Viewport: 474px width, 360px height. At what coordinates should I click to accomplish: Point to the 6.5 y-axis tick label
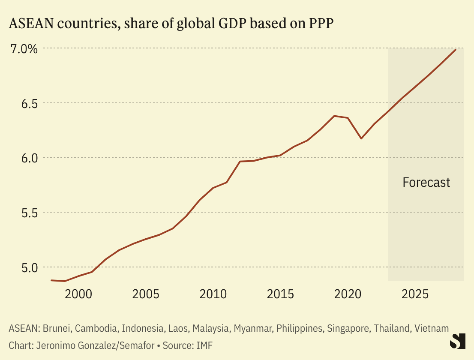(x=24, y=103)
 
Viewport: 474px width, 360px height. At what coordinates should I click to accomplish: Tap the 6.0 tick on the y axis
(x=24, y=158)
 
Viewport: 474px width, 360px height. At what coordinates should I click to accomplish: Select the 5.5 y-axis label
(x=24, y=213)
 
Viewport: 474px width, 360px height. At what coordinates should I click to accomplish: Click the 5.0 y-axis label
(x=24, y=267)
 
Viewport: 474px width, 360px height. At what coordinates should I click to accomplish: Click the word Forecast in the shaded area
(x=426, y=183)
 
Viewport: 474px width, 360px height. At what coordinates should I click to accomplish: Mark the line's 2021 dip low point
(x=361, y=138)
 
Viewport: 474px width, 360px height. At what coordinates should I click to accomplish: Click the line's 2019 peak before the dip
(x=334, y=116)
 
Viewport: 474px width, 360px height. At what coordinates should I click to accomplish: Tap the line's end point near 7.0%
(x=456, y=50)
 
